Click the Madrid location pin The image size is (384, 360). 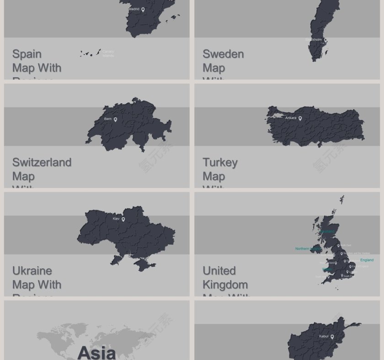143,10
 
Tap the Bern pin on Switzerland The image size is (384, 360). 115,120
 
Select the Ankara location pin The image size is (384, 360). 300,119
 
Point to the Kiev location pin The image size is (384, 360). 123,220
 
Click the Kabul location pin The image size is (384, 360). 332,337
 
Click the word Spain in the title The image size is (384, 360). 27,54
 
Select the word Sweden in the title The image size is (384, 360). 223,54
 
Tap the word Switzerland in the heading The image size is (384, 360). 42,162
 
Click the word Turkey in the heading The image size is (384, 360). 220,162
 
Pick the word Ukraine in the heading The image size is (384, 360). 32,270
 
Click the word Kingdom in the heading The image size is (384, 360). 225,285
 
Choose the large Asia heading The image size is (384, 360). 96,352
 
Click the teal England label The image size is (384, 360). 367,260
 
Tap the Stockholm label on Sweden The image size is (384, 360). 314,40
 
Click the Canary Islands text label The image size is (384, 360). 108,54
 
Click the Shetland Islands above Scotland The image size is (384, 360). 342,200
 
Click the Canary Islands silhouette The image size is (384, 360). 91,53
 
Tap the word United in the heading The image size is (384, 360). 219,270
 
